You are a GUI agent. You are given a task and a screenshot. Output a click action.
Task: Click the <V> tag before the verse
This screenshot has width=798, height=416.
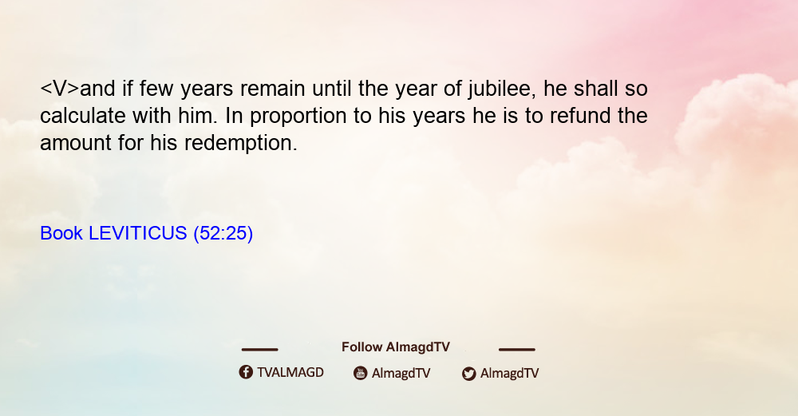pyautogui.click(x=60, y=89)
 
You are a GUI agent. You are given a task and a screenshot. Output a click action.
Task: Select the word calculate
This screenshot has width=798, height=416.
pyautogui.click(x=82, y=116)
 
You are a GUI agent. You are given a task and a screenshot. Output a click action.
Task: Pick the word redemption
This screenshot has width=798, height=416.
pyautogui.click(x=241, y=144)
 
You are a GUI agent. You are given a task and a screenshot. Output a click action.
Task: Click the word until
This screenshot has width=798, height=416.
pyautogui.click(x=331, y=89)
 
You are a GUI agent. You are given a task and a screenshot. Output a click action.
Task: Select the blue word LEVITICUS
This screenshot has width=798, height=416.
pyautogui.click(x=137, y=233)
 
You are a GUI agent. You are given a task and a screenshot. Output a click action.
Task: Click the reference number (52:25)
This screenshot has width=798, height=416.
pyautogui.click(x=223, y=234)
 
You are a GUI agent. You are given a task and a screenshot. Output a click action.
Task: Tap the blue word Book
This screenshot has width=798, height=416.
pyautogui.click(x=61, y=233)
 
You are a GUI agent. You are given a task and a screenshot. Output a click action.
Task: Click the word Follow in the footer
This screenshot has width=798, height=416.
pyautogui.click(x=361, y=347)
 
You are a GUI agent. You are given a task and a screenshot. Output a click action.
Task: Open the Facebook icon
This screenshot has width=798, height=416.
pyautogui.click(x=246, y=372)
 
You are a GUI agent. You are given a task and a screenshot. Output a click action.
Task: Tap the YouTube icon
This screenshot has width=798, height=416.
pyautogui.click(x=361, y=373)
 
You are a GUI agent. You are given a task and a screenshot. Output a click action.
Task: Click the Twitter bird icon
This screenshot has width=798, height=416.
pyautogui.click(x=469, y=374)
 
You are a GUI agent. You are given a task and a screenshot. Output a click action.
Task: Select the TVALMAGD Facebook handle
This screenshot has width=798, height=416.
pyautogui.click(x=290, y=373)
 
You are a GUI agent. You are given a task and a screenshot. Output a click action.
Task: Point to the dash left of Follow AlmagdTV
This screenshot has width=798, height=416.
pyautogui.click(x=259, y=349)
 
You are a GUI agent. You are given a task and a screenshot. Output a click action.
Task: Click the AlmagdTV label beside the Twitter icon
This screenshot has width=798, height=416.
pyautogui.click(x=509, y=374)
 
